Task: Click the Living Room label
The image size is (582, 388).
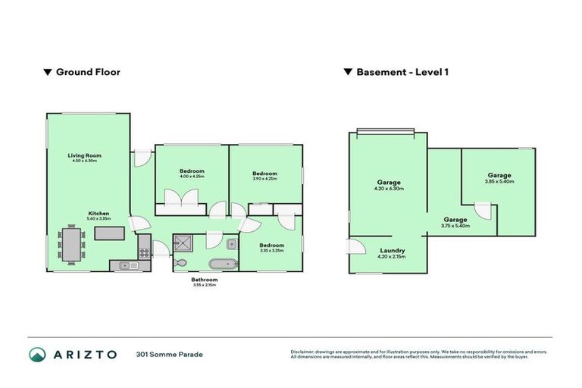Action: tap(85, 155)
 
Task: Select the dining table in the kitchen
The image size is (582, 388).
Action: tap(74, 245)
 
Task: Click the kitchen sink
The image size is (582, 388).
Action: tap(126, 265)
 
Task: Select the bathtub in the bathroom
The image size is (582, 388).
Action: tap(222, 265)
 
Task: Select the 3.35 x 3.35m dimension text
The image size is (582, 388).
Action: tap(271, 251)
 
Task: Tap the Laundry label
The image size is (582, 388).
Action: tap(391, 250)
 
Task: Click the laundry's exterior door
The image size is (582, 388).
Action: tap(354, 246)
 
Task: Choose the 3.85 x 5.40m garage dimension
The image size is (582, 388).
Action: tap(499, 182)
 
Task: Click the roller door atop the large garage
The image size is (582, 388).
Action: tap(386, 131)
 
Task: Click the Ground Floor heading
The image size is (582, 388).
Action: tap(87, 73)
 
